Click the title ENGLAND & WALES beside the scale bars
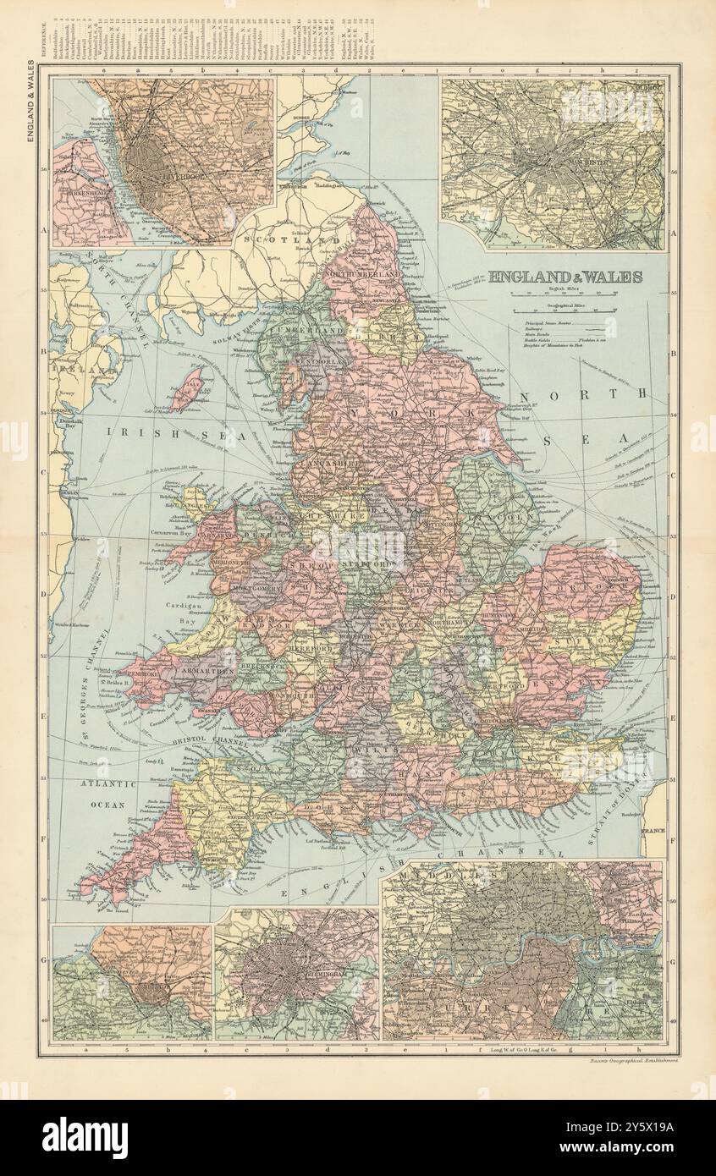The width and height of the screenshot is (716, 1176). [565, 277]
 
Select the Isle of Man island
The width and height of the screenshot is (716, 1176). [186, 389]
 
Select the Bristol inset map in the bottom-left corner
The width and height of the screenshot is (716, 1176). [131, 982]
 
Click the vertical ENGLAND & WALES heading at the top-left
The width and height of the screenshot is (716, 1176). [30, 100]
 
